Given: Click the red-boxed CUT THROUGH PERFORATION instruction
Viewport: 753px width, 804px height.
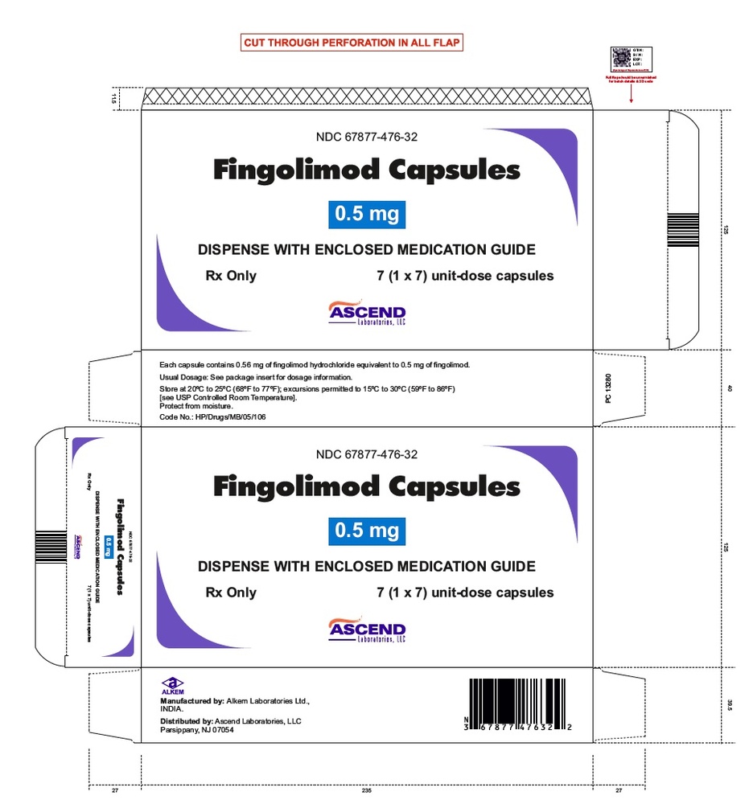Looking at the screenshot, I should pos(353,43).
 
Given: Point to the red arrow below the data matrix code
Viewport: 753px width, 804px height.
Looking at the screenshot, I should pos(631,94).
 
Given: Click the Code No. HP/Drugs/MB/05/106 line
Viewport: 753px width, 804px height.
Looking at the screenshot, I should pos(213,417).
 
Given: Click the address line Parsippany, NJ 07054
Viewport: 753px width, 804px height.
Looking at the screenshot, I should pos(197,730).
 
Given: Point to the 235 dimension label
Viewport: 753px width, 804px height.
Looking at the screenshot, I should pos(367,792).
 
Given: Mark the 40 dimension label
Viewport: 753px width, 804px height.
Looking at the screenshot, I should pos(730,388).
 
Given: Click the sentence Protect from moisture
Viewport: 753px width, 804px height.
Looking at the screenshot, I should pos(195,406).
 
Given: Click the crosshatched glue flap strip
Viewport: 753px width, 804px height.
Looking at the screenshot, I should pos(366,97).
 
